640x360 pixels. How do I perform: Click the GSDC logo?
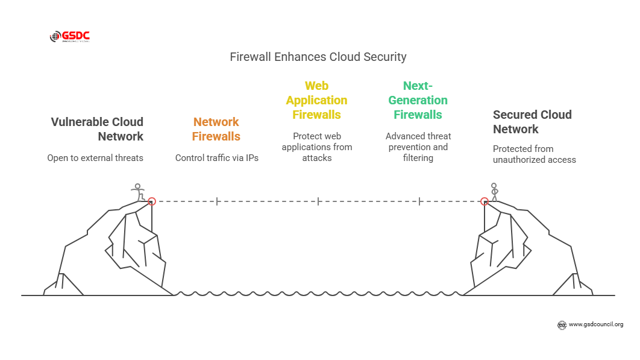tap(69, 37)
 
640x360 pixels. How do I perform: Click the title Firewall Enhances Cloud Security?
tap(318, 57)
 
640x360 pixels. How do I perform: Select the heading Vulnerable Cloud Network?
tap(98, 129)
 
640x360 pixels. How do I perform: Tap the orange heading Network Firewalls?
tap(216, 129)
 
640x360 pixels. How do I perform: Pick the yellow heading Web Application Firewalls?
tap(317, 100)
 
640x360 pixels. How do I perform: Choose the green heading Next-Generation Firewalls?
tap(418, 100)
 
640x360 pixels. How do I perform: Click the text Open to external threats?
tap(95, 158)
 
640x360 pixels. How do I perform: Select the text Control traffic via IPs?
tap(217, 158)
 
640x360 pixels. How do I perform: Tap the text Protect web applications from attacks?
tap(317, 147)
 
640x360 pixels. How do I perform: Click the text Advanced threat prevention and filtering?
tap(418, 147)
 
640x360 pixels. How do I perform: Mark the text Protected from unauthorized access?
tap(534, 154)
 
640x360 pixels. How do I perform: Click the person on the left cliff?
tap(139, 192)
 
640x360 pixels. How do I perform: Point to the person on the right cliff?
tap(495, 192)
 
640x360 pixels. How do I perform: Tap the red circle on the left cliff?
tap(152, 201)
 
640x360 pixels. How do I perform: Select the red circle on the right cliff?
tap(484, 201)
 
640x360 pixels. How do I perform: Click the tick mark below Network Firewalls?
tap(217, 201)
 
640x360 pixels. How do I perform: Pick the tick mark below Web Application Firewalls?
tap(318, 201)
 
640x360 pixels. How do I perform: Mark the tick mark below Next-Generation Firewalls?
tap(419, 201)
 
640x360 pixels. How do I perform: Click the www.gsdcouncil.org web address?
tap(595, 324)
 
